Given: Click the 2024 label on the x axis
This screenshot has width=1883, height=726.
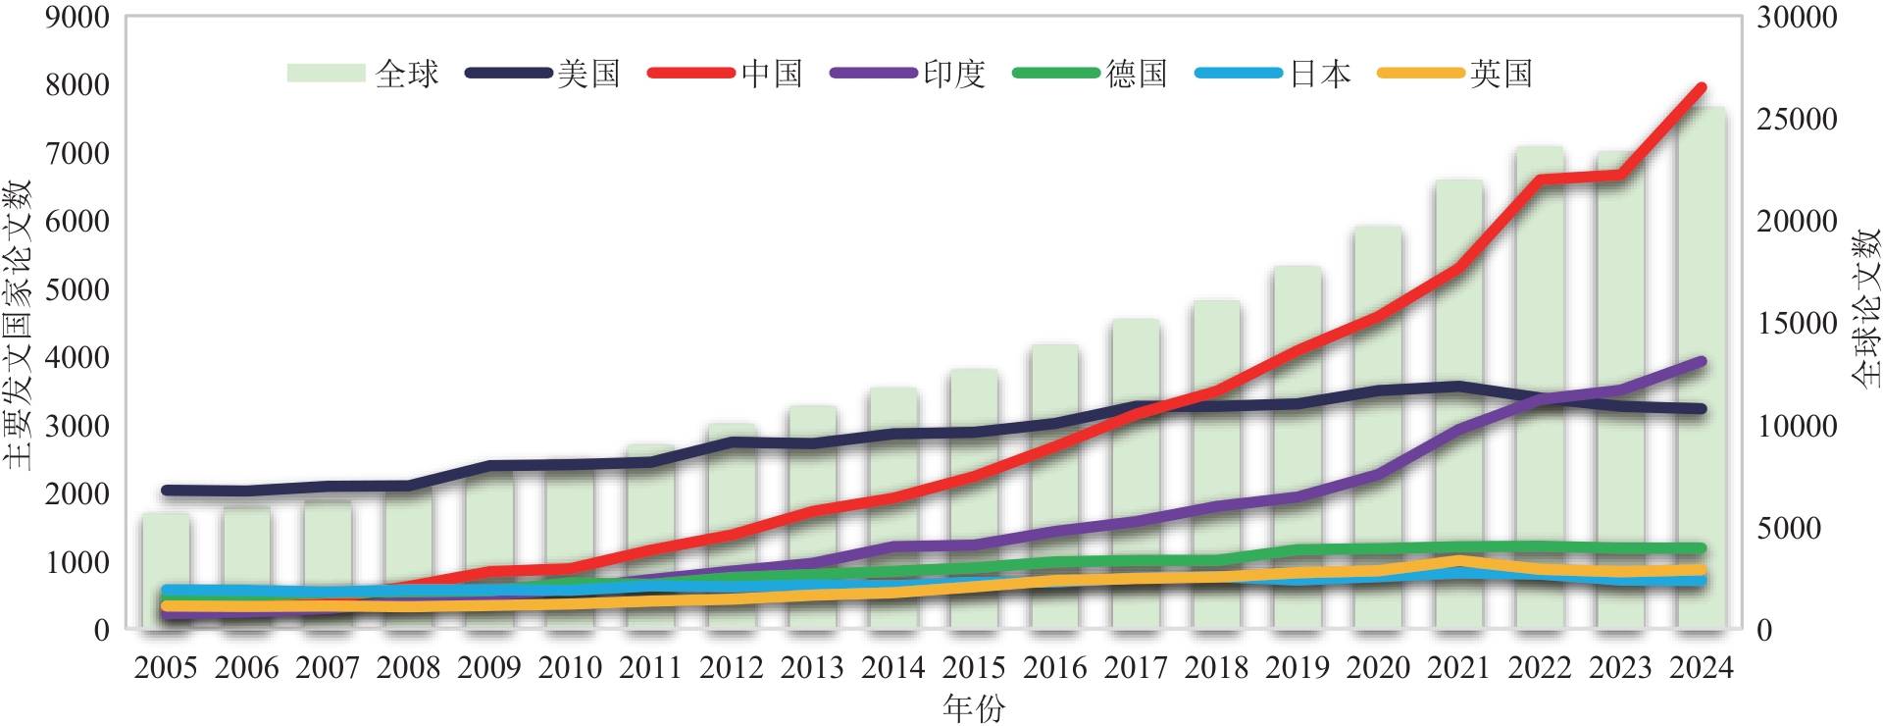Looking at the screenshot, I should point(1702,668).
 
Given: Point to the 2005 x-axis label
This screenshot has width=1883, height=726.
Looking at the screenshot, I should point(166,668).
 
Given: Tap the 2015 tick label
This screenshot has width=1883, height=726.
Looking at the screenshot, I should point(974,668).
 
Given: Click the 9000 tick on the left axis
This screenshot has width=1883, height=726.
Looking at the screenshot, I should point(76,17).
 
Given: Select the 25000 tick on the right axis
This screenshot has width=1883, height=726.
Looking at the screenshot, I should point(1797,120).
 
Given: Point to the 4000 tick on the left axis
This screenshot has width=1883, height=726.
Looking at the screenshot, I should point(76,357).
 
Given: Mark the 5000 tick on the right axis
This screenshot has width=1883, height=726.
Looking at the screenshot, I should point(1789,528).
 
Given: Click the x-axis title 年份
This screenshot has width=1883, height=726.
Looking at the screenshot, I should point(974,706).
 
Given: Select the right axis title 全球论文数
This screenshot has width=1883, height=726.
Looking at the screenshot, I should point(1866,307).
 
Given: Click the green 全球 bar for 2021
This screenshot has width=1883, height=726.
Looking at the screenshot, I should point(1458,412).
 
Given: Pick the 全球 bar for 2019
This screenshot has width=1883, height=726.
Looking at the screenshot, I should point(1298,451).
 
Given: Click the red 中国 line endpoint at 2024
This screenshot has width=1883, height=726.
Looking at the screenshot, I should point(1702,87).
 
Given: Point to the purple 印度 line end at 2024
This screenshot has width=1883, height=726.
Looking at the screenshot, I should point(1702,362).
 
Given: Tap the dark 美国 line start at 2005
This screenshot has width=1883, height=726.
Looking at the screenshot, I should point(166,490).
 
